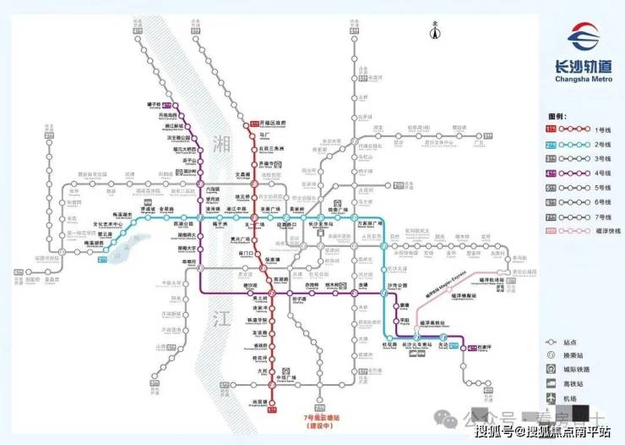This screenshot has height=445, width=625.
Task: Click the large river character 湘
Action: tap(223, 142)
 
